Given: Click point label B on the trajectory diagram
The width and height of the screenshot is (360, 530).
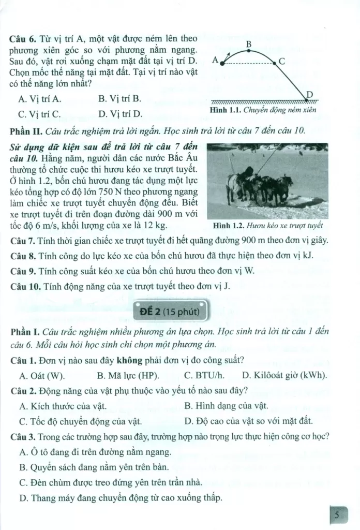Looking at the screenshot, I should tap(249, 45).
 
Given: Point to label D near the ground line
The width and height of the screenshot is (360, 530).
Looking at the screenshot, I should tap(310, 93).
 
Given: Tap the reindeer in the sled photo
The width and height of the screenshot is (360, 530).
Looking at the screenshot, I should tap(259, 186).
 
